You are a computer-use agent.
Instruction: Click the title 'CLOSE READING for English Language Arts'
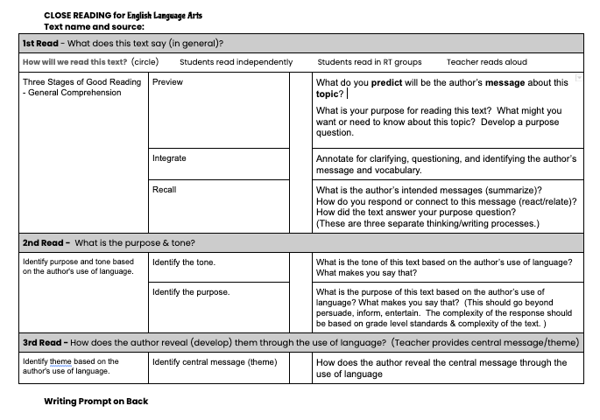coord(131,15)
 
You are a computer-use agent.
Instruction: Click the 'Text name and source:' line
coord(94,26)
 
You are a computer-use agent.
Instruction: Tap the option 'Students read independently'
coord(236,62)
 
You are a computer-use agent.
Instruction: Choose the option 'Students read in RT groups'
coord(369,62)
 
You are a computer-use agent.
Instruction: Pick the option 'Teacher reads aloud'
coord(486,62)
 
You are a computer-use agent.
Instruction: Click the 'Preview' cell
coord(168,82)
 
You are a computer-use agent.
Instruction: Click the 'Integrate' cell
coord(169,158)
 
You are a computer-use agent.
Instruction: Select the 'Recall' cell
coord(165,189)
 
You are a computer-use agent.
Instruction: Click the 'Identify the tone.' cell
coord(183,262)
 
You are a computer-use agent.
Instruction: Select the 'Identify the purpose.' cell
coord(190,291)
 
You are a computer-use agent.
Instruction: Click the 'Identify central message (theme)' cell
coord(214,361)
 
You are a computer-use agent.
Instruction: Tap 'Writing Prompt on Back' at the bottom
coord(95,401)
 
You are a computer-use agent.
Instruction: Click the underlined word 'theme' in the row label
coord(60,361)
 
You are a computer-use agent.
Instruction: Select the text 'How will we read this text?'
coord(74,62)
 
